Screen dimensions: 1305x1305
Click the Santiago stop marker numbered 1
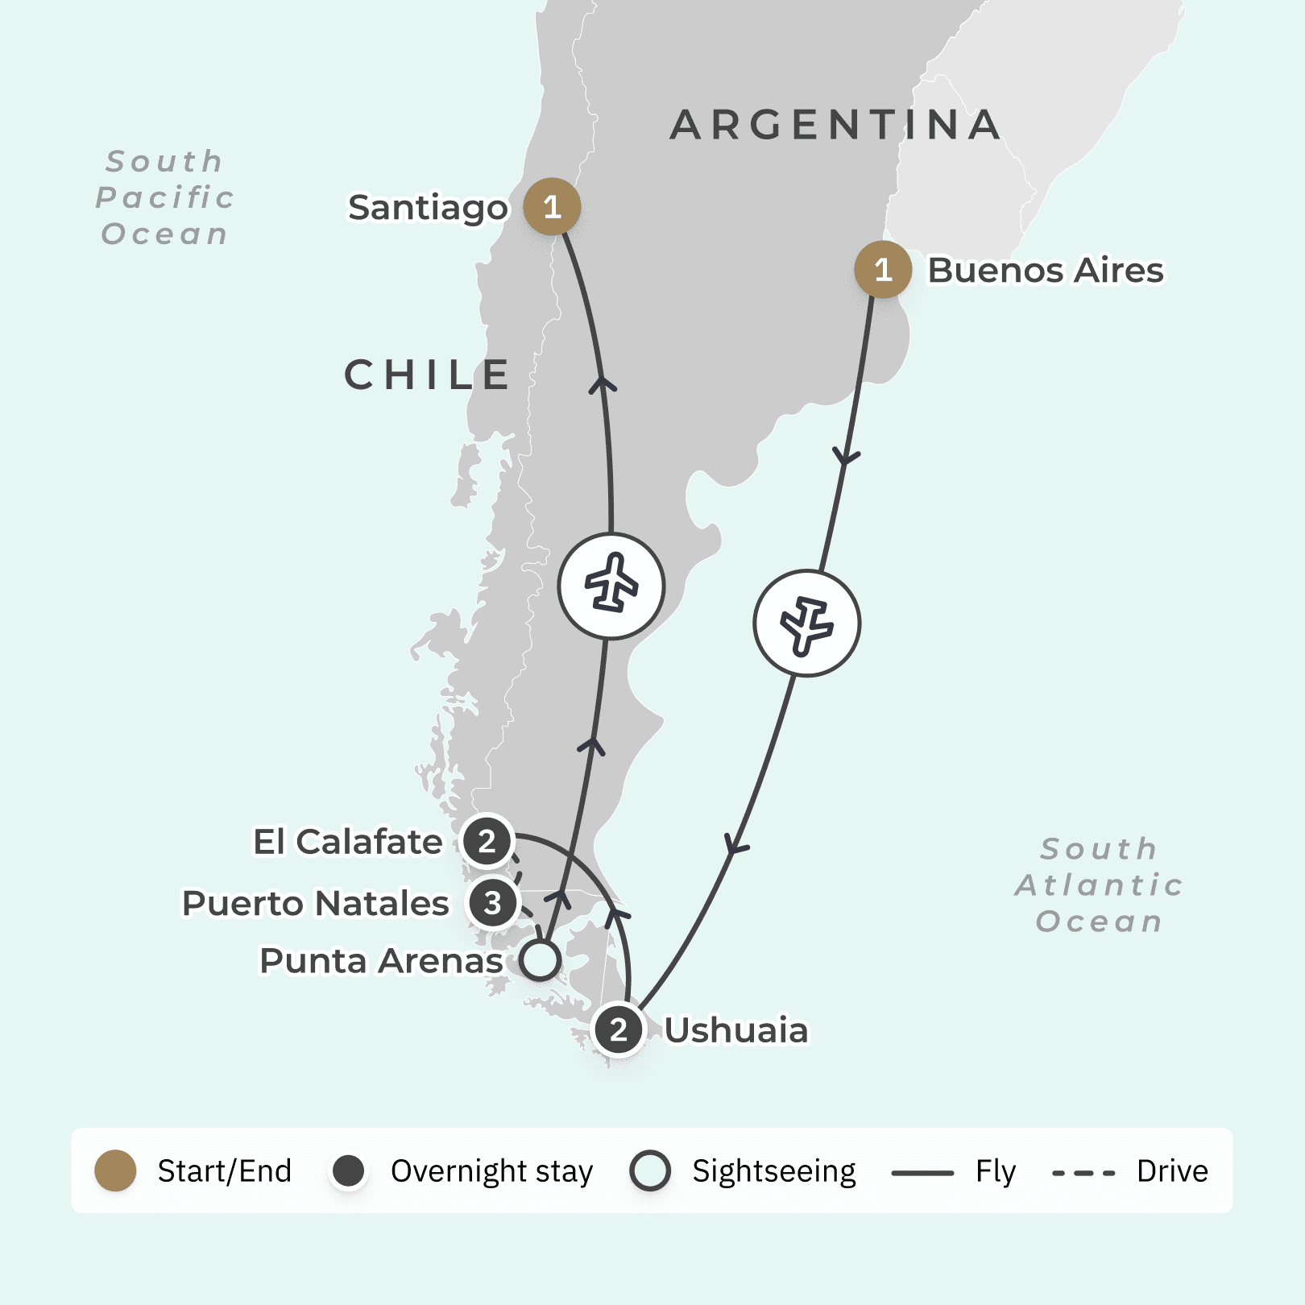[x=552, y=207]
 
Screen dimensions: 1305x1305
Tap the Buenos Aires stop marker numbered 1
[x=883, y=270]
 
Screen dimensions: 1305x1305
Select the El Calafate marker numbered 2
[x=487, y=842]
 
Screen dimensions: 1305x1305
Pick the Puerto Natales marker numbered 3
[x=492, y=903]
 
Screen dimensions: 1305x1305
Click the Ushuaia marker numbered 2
[x=618, y=1029]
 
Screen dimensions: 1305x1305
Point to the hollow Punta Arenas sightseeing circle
[x=540, y=960]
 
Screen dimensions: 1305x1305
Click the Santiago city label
[x=428, y=208]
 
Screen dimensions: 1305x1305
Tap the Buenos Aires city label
[x=1045, y=271]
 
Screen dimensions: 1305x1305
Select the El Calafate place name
[x=347, y=842]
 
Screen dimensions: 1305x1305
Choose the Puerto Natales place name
[x=315, y=903]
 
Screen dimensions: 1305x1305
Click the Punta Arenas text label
[x=381, y=960]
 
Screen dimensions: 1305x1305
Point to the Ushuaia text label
[x=735, y=1030]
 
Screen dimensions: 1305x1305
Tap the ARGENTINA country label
[x=835, y=125]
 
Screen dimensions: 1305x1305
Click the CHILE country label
[x=428, y=375]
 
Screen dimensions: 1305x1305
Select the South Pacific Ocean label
[x=165, y=197]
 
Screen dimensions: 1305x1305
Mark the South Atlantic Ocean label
[x=1099, y=884]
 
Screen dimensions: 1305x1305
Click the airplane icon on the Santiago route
[x=611, y=586]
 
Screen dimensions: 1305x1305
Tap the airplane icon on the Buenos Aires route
[x=806, y=623]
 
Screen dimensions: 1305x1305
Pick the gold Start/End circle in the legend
[x=115, y=1170]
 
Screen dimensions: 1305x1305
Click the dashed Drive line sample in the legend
[x=1083, y=1172]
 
